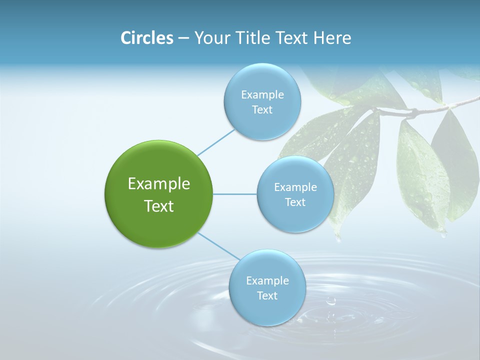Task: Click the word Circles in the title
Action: pyautogui.click(x=147, y=38)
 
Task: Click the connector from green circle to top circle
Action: pyautogui.click(x=216, y=142)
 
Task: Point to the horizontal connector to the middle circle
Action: pyautogui.click(x=235, y=194)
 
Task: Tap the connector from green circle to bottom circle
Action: pyautogui.click(x=218, y=246)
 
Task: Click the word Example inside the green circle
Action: pyautogui.click(x=158, y=184)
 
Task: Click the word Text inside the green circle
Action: pyautogui.click(x=158, y=206)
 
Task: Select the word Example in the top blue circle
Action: pyautogui.click(x=262, y=94)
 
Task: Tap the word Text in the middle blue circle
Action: pyautogui.click(x=295, y=202)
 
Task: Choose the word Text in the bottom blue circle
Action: pyautogui.click(x=267, y=295)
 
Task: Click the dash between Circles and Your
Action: pyautogui.click(x=183, y=38)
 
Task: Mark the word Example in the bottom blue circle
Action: pyautogui.click(x=267, y=280)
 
